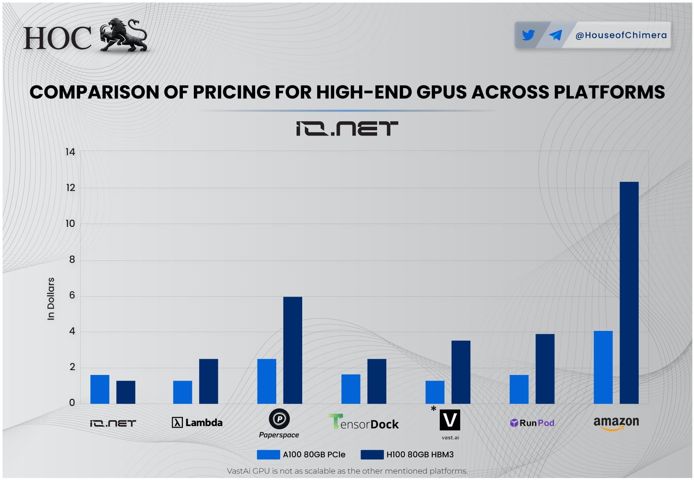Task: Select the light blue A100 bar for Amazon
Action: click(603, 367)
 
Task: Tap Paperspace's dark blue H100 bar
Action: click(292, 350)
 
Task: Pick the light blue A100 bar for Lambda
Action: click(183, 392)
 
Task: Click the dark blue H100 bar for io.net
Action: click(126, 392)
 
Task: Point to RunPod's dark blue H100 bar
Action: click(545, 369)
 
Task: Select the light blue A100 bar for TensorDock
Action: click(351, 389)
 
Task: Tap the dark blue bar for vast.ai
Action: click(461, 372)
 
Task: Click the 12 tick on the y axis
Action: click(70, 187)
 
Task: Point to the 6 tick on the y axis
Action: click(72, 295)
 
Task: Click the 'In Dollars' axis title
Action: click(51, 299)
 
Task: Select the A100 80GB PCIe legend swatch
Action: click(268, 454)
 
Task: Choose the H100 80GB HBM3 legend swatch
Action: click(372, 454)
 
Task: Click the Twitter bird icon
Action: click(528, 35)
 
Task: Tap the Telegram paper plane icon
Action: click(556, 35)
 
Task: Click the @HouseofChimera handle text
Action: click(621, 35)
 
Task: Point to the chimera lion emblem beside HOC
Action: click(123, 35)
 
